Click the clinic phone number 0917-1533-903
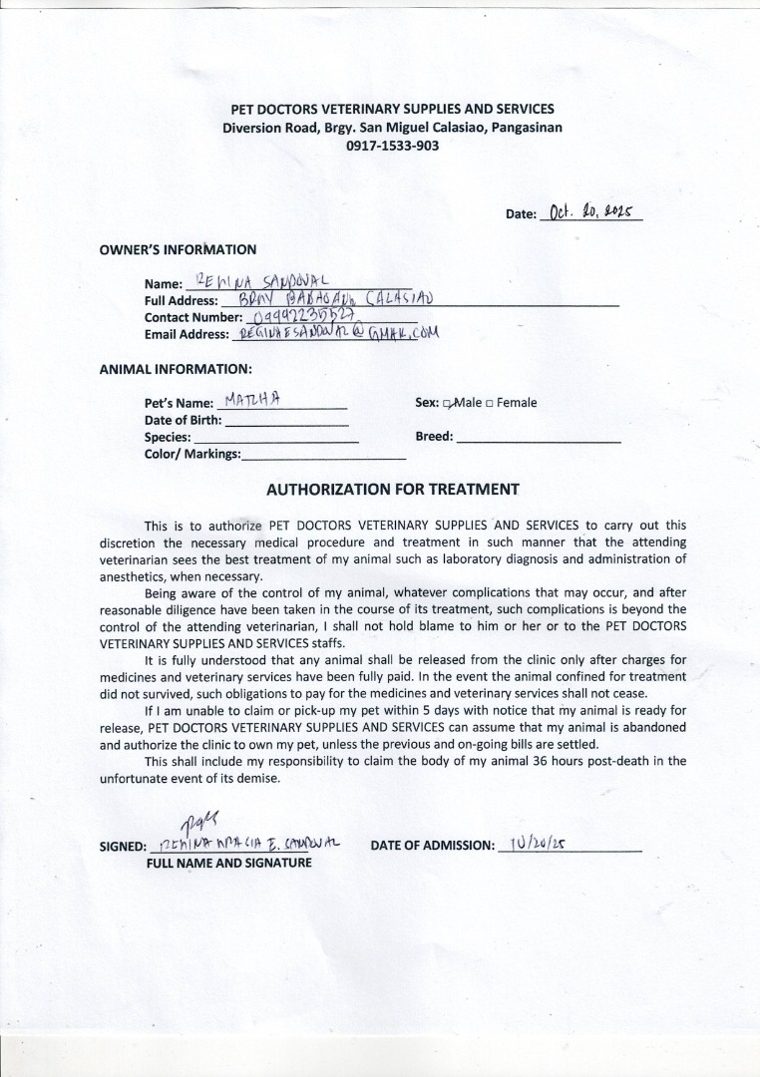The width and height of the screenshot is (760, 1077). click(392, 145)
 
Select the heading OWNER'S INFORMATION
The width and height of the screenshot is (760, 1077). click(178, 249)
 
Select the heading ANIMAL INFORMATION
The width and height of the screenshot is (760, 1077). click(176, 368)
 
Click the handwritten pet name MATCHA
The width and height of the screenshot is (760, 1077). click(253, 401)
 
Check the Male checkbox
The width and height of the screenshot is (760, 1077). click(448, 403)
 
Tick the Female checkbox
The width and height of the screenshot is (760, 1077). click(490, 403)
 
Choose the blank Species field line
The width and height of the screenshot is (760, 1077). click(275, 440)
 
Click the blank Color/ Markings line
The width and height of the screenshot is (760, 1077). click(323, 457)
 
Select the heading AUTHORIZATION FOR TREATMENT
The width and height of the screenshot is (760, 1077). click(392, 490)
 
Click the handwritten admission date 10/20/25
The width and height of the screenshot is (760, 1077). click(538, 844)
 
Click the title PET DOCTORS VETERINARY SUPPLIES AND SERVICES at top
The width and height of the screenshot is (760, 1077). click(392, 109)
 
